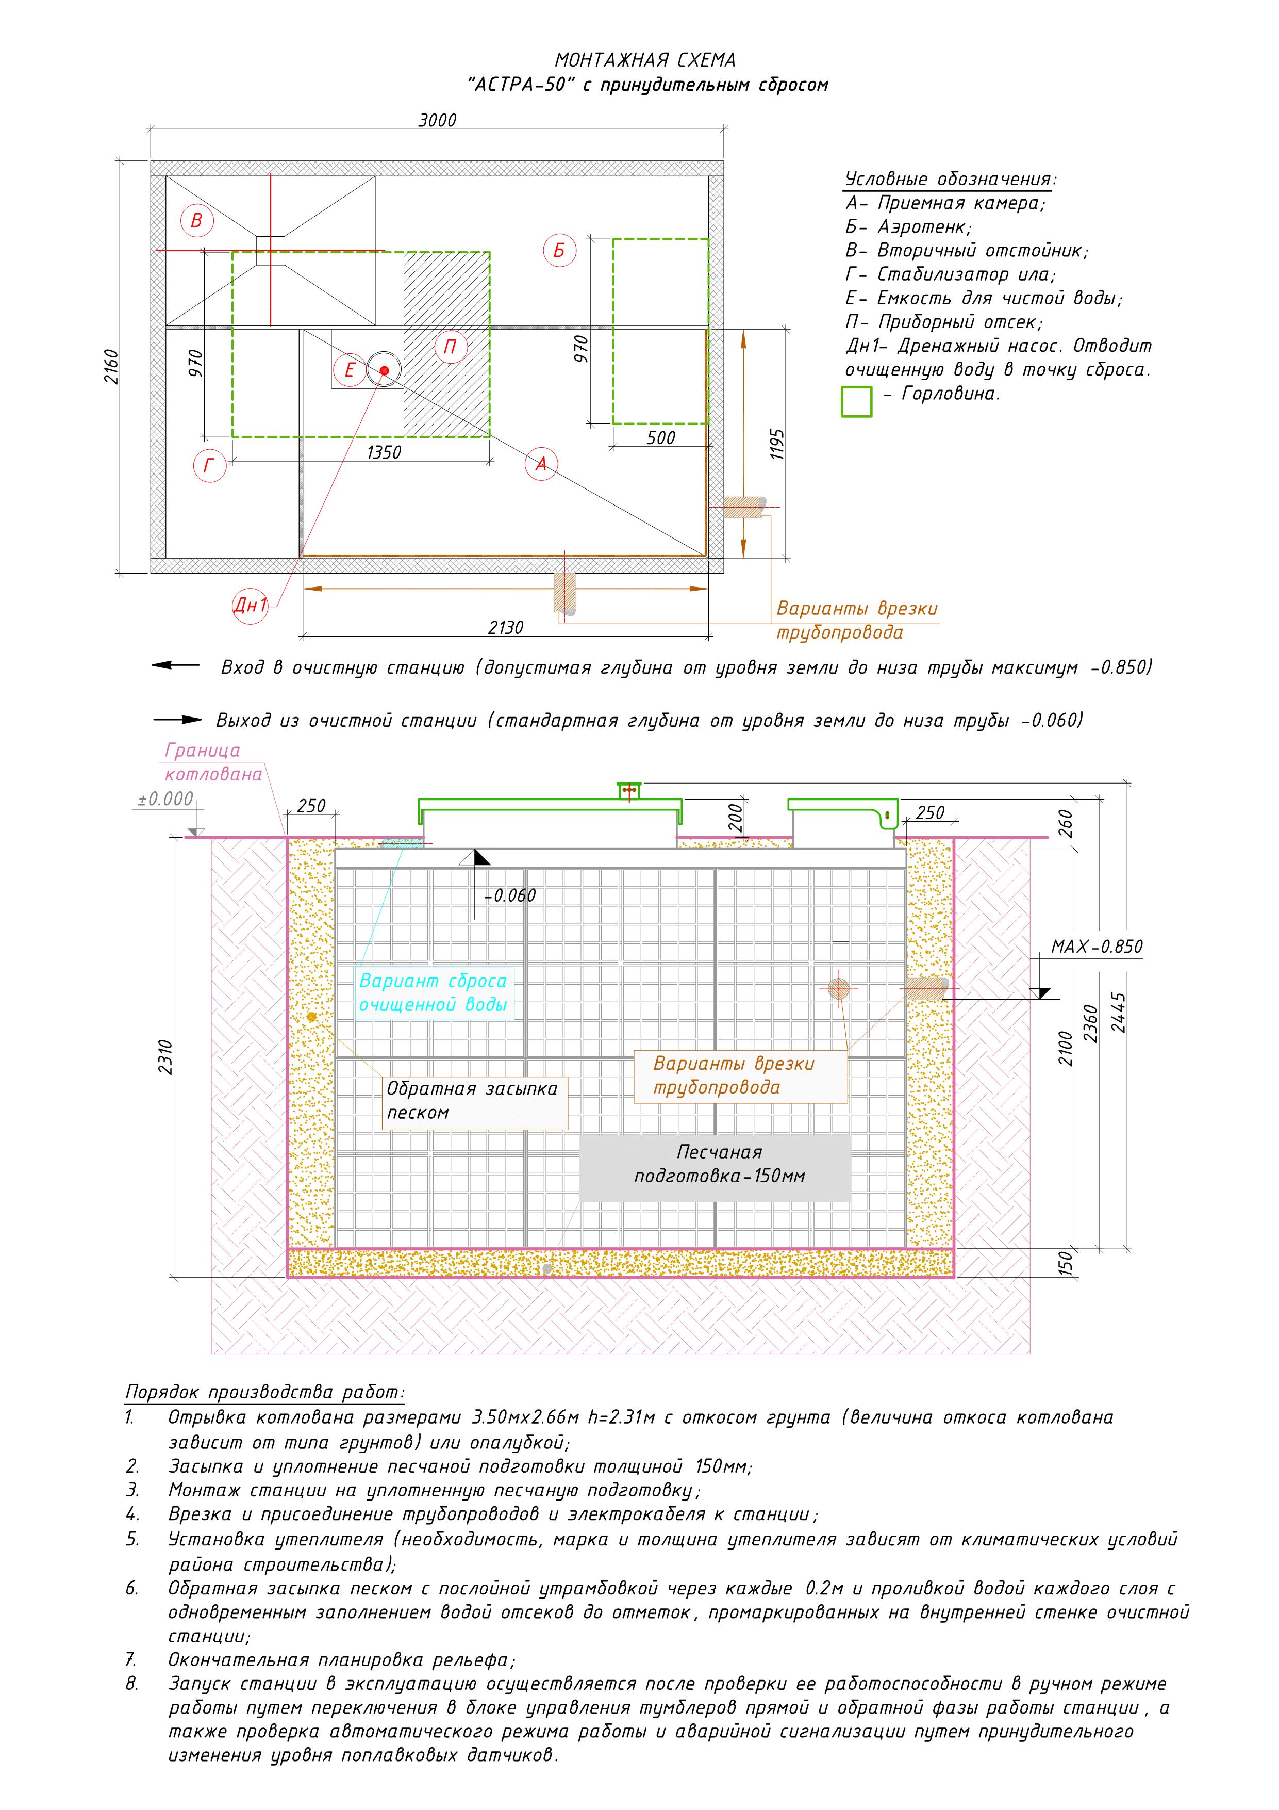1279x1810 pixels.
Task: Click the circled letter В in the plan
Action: click(196, 221)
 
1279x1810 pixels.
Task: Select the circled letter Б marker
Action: click(559, 251)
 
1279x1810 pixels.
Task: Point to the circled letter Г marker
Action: click(210, 466)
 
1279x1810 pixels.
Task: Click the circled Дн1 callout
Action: click(251, 606)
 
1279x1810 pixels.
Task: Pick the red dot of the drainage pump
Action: click(384, 370)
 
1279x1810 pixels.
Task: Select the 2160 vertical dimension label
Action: click(112, 367)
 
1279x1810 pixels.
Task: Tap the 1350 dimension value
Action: click(384, 452)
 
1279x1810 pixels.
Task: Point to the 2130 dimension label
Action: click(505, 628)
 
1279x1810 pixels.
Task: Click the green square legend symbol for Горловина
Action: click(857, 401)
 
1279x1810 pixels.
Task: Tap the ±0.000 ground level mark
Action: click(165, 798)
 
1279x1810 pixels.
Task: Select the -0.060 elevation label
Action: click(510, 895)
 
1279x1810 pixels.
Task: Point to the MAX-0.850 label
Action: click(1096, 947)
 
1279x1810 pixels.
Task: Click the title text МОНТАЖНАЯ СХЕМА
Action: click(645, 60)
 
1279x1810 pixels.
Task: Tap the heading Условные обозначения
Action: click(951, 179)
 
